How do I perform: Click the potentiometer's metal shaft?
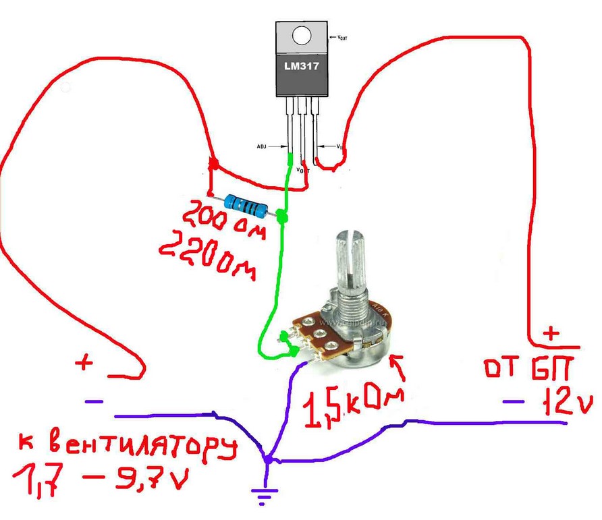(350, 263)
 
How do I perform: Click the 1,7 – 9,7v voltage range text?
(98, 481)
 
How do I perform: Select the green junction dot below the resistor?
(282, 217)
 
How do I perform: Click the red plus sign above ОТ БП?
(552, 332)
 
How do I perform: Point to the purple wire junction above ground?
(267, 460)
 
